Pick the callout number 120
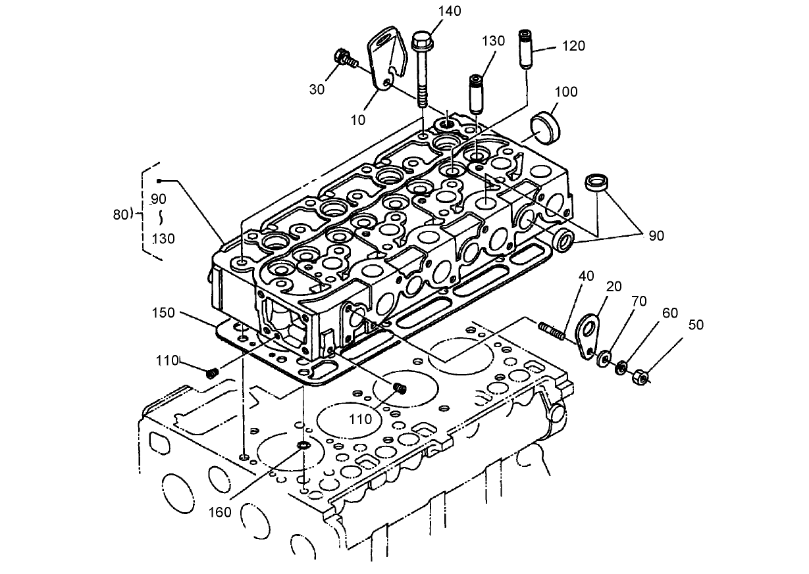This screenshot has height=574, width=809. (x=573, y=46)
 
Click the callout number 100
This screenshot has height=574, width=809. (x=565, y=91)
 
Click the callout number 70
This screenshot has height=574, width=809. (x=639, y=301)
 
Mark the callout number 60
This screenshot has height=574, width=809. (x=669, y=313)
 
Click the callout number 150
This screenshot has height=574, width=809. (x=163, y=312)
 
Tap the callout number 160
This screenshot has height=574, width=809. (x=220, y=511)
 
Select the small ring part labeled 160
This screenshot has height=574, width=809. (x=303, y=447)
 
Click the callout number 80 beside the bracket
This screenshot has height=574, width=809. (x=121, y=213)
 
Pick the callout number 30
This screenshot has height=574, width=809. (x=317, y=89)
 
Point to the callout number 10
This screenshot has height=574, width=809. (x=358, y=119)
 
